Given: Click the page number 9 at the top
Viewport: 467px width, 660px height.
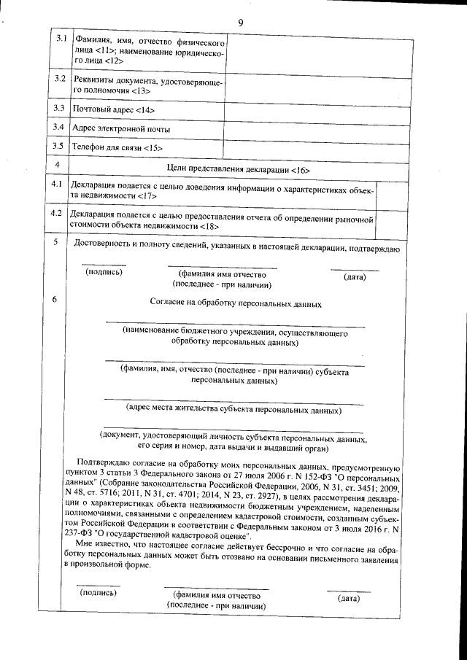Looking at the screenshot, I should click(240, 23).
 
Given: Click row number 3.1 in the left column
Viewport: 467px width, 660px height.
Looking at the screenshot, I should click(61, 38).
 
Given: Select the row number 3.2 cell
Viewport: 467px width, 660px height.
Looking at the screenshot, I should click(61, 78).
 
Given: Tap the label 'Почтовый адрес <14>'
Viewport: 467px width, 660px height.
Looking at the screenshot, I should click(114, 109).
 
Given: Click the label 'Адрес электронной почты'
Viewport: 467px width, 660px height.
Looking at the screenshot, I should click(122, 128).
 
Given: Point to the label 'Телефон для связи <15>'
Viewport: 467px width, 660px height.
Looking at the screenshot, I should click(117, 148).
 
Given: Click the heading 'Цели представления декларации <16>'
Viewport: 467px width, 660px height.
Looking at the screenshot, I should click(239, 168).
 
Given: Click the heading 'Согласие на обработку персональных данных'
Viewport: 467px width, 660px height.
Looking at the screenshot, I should click(235, 301).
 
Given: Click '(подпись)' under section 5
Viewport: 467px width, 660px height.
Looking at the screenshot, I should click(104, 273).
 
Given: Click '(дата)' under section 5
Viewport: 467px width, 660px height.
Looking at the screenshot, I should click(354, 277).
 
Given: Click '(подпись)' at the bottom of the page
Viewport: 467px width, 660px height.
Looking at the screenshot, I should click(99, 594).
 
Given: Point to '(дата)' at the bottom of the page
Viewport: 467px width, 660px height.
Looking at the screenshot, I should click(348, 599).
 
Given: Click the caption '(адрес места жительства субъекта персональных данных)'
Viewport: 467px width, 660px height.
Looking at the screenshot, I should click(234, 410).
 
